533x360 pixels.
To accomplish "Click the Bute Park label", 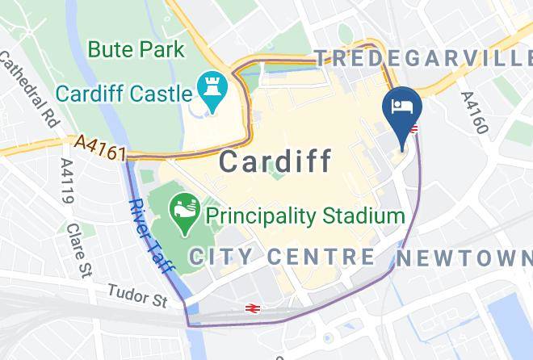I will click(x=136, y=49).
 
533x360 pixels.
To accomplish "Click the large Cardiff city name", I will click(x=275, y=161).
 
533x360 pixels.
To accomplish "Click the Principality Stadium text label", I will click(x=304, y=216).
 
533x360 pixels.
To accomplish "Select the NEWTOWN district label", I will click(x=465, y=258).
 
